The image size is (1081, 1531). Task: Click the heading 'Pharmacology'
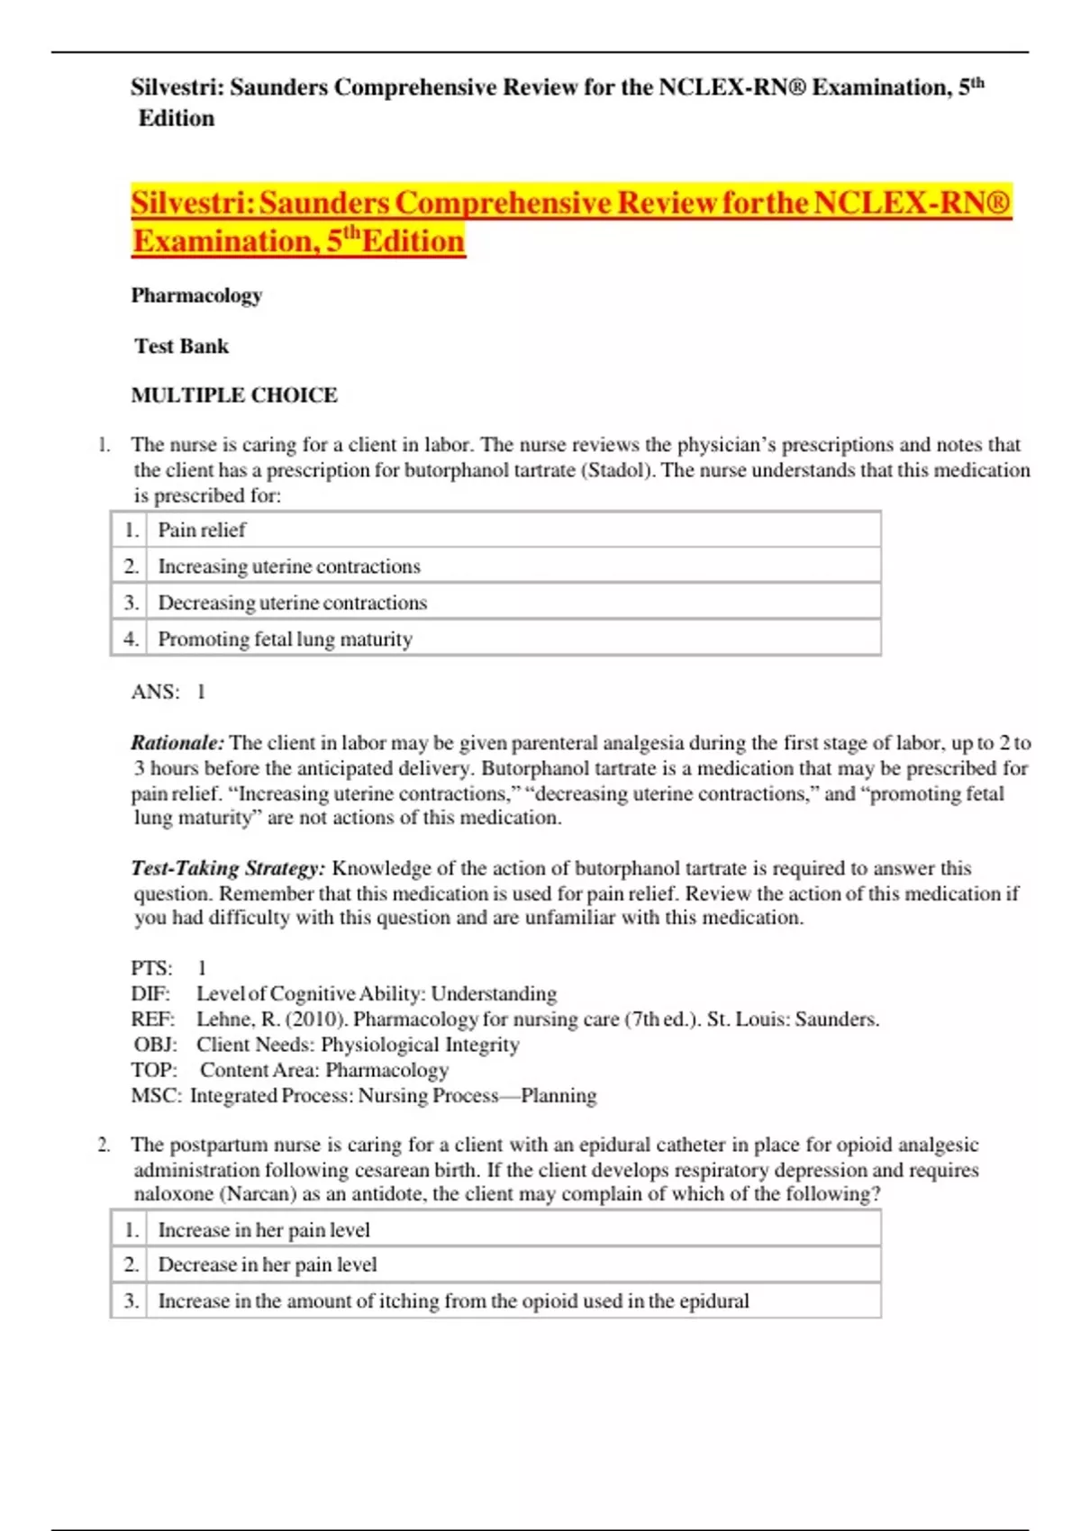pyautogui.click(x=196, y=295)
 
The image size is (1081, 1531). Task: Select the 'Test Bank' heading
pyautogui.click(x=181, y=346)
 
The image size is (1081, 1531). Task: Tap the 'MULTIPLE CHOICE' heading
pyautogui.click(x=234, y=394)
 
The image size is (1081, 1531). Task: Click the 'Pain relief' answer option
pyautogui.click(x=202, y=530)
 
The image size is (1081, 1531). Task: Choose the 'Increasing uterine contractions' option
pyautogui.click(x=288, y=566)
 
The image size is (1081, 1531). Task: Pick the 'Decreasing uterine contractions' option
pyautogui.click(x=292, y=602)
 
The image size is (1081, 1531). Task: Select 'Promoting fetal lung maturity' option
pyautogui.click(x=285, y=639)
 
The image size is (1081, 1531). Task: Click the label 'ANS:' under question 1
pyautogui.click(x=155, y=692)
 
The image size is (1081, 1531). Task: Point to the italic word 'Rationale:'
pyautogui.click(x=177, y=743)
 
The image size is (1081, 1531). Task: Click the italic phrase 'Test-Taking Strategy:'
pyautogui.click(x=228, y=868)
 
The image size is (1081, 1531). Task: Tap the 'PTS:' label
pyautogui.click(x=151, y=968)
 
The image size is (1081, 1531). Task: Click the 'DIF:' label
pyautogui.click(x=150, y=993)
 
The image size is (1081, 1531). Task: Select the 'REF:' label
pyautogui.click(x=152, y=1019)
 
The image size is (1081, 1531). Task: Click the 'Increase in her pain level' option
pyautogui.click(x=263, y=1229)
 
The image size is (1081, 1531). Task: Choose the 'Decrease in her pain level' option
pyautogui.click(x=267, y=1264)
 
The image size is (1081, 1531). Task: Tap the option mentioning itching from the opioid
pyautogui.click(x=452, y=1300)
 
